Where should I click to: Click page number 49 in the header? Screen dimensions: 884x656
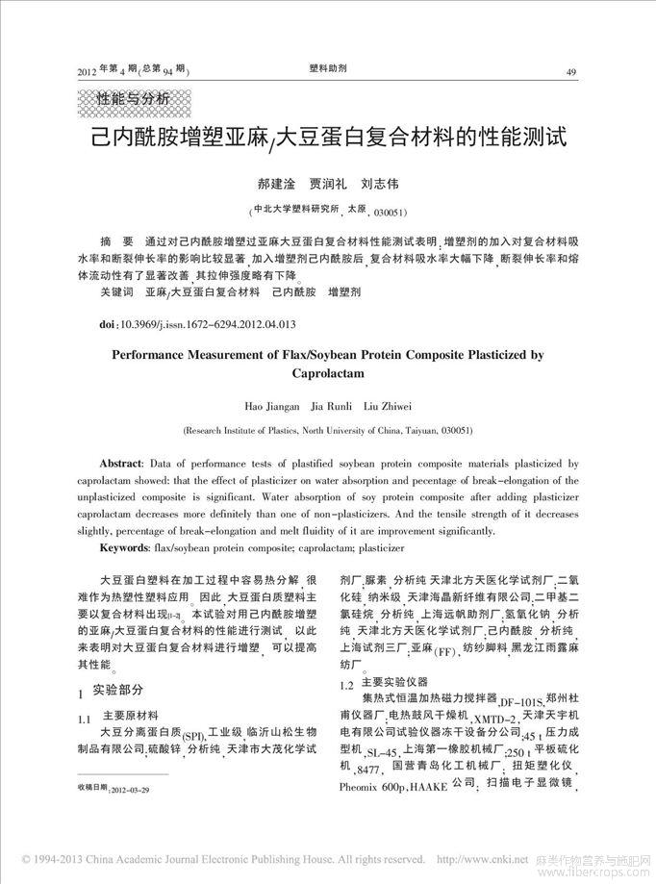point(571,71)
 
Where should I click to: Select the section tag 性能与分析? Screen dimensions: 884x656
point(135,99)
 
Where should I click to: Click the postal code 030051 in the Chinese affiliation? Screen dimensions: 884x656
point(384,211)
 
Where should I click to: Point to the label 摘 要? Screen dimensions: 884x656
point(118,240)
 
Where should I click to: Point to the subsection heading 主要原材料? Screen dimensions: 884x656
point(131,716)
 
